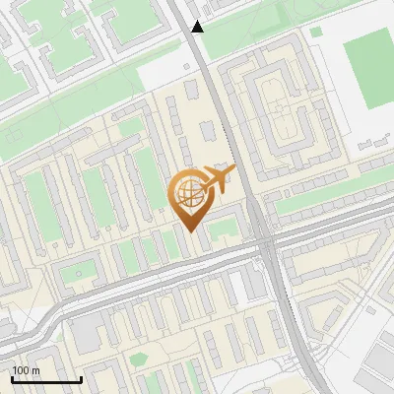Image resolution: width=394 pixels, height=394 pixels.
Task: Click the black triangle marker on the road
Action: point(198,27)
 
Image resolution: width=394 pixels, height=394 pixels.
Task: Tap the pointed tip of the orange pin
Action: point(189,231)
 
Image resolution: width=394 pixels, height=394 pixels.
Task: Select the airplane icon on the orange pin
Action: point(217,179)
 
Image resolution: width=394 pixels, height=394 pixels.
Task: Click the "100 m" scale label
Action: point(27,370)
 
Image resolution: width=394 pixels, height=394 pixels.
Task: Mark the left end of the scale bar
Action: point(13,379)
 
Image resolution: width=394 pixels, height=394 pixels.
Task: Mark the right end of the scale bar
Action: point(81,379)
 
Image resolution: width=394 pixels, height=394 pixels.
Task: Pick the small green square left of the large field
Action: point(316,32)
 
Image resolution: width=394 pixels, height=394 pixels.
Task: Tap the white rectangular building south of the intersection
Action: point(238,288)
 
